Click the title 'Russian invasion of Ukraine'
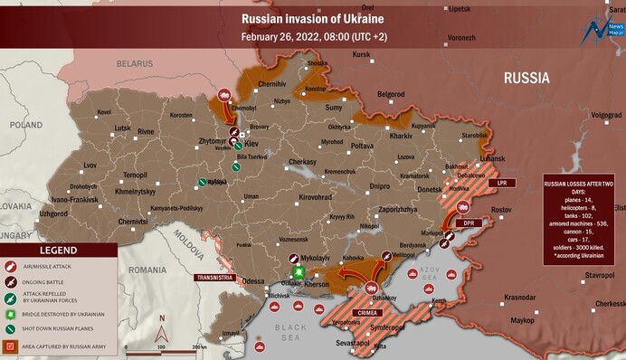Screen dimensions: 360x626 tap(312, 18)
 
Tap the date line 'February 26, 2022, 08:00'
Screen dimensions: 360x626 tap(312, 38)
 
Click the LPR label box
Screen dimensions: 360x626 tap(500, 183)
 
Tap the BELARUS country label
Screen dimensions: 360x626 tap(134, 64)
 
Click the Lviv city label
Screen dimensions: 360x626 tap(90, 165)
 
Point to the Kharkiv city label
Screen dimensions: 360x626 tap(401, 136)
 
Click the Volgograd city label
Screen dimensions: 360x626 tap(606, 115)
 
